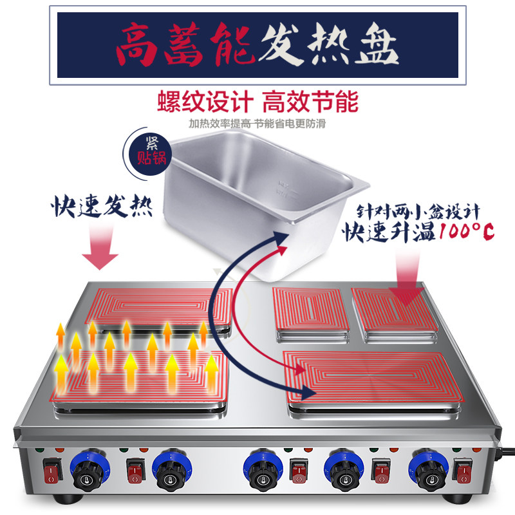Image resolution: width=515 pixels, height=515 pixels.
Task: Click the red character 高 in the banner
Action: (x=137, y=44)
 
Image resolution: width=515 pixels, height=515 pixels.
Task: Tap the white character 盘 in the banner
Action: (x=377, y=44)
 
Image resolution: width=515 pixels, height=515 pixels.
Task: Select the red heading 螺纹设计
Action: (x=205, y=102)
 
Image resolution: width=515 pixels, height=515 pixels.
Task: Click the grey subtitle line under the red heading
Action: (x=257, y=124)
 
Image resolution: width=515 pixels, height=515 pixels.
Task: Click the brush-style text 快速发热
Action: (x=102, y=205)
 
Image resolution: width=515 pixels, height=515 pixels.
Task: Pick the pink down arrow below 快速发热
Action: (x=100, y=247)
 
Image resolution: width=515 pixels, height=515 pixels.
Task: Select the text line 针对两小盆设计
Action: (x=418, y=212)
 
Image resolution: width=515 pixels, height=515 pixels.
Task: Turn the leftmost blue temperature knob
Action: (x=90, y=471)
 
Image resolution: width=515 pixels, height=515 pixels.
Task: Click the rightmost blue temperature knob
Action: (x=429, y=471)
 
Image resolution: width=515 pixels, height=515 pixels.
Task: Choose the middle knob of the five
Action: (x=263, y=471)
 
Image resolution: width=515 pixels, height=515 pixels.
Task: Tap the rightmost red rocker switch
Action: (x=463, y=471)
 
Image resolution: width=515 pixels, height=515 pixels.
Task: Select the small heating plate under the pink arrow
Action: (x=395, y=310)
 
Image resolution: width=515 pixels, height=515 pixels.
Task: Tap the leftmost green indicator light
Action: (x=40, y=449)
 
